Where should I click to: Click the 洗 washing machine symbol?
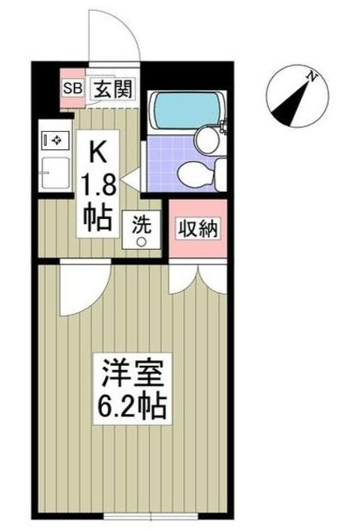[x=141, y=223]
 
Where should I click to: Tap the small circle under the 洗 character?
[x=141, y=241]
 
